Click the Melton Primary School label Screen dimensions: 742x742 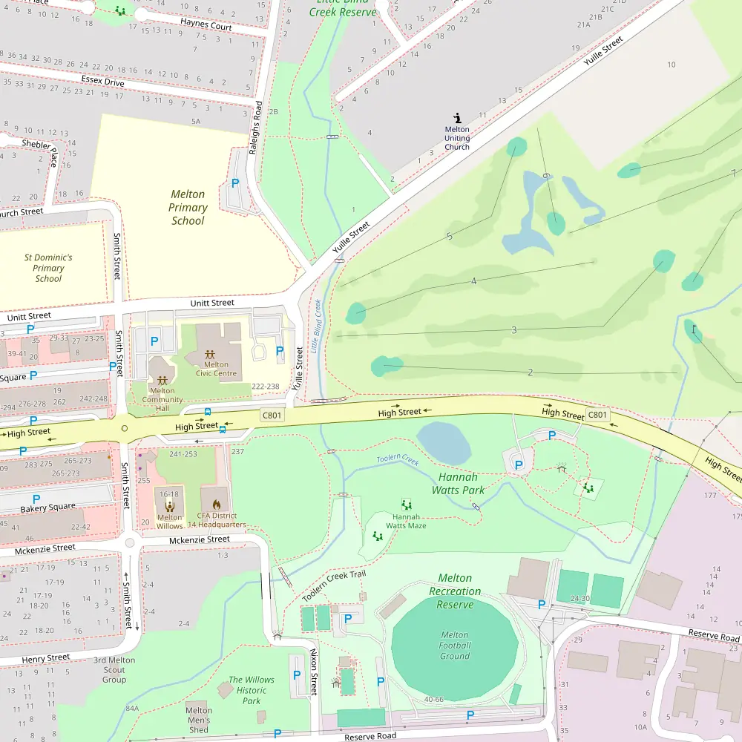pos(188,208)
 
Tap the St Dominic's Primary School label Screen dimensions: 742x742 pos(48,268)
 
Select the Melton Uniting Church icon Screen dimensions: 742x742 pos(457,117)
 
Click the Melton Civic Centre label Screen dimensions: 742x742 pos(216,369)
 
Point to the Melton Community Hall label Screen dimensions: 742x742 pos(162,400)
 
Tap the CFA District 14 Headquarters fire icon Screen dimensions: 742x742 pos(217,505)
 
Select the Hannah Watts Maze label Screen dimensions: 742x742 pos(406,521)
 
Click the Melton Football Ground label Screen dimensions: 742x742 pos(454,646)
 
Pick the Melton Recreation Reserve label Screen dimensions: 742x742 pos(455,591)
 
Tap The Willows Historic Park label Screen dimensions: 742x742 pos(251,690)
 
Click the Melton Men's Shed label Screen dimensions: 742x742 pos(199,720)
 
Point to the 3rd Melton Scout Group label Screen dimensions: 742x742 pos(114,669)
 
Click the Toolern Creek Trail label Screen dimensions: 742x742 pos(334,586)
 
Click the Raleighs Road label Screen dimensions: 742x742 pos(257,127)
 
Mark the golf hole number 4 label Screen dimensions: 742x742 pos(473,281)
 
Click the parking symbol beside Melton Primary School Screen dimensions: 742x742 pos(235,183)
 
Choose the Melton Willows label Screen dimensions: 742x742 pos(170,522)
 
